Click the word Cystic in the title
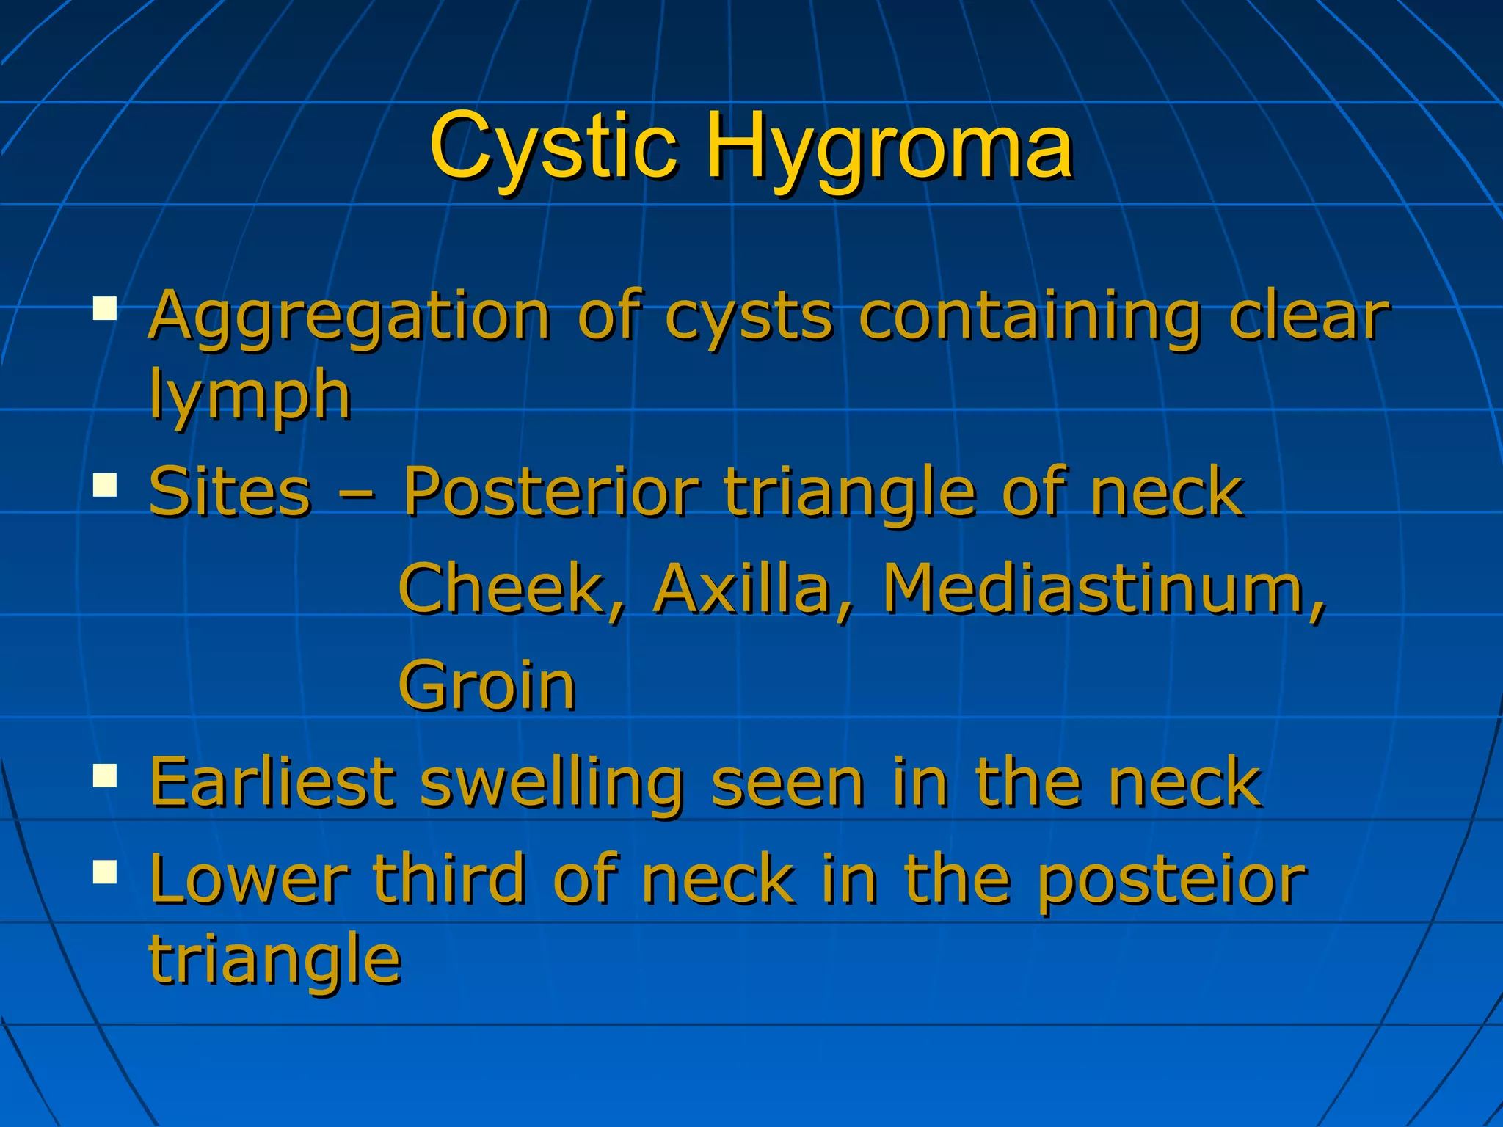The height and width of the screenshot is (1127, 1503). [x=552, y=147]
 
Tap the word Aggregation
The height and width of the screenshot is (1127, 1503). [x=349, y=317]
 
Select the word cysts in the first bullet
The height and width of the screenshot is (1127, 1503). [x=748, y=317]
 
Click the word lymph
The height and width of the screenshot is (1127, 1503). [x=250, y=396]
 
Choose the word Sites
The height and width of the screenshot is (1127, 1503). [x=230, y=492]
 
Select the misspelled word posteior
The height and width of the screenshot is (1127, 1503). [x=1171, y=880]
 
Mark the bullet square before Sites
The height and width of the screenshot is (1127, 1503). [x=106, y=484]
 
